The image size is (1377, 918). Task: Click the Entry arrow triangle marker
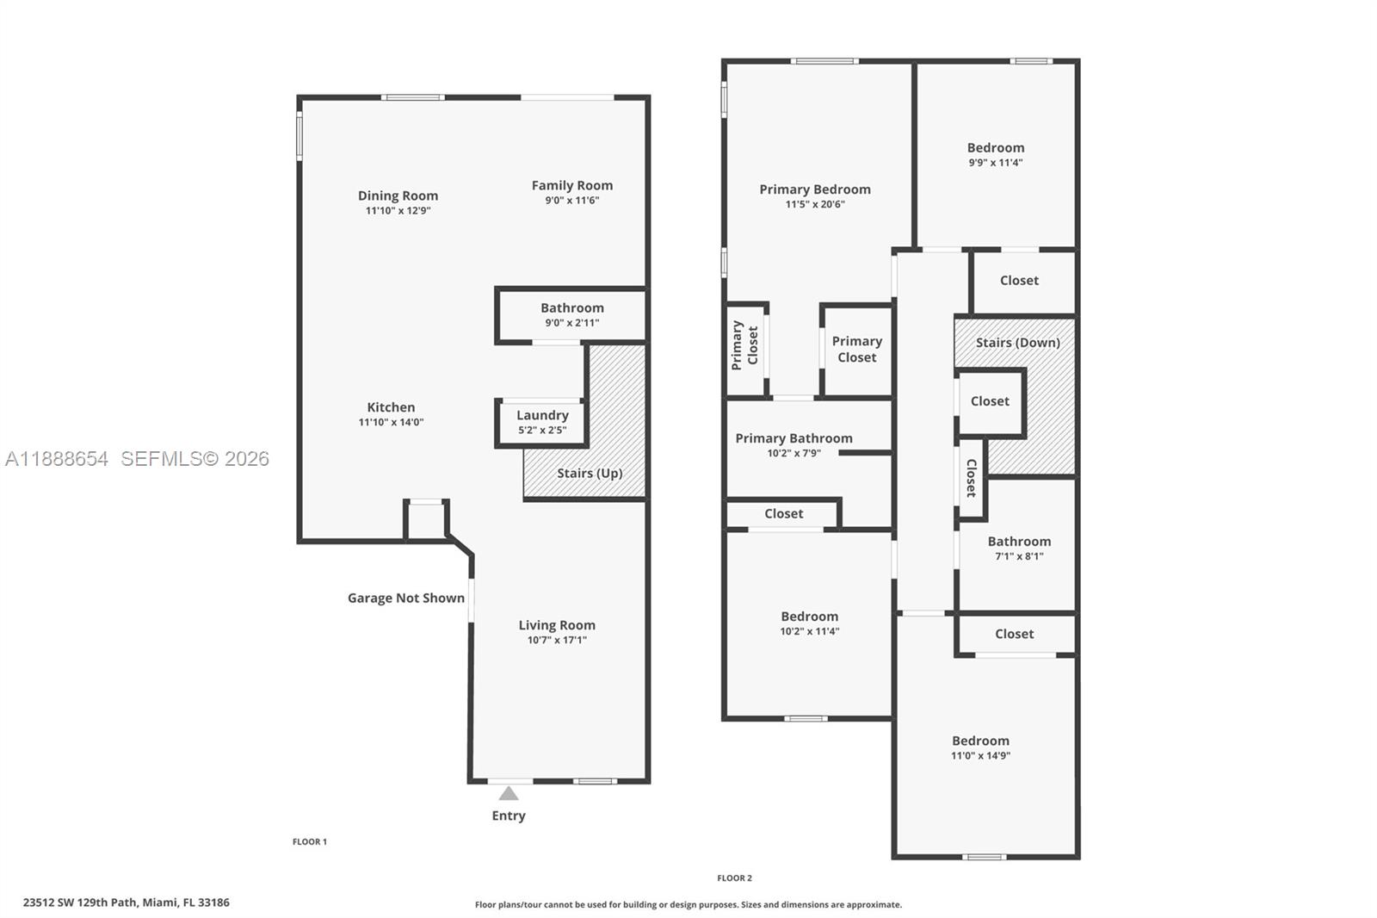point(509,793)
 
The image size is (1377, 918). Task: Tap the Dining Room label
point(398,195)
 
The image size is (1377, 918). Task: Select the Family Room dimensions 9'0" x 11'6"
point(571,201)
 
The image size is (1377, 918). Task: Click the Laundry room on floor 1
point(542,422)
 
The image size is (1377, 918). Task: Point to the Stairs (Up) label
point(589,473)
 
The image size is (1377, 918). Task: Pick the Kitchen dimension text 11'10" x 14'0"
point(391,422)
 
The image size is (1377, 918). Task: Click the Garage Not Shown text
point(405,598)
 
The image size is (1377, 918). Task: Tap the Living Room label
point(556,625)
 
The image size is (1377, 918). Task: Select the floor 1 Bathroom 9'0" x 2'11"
point(571,314)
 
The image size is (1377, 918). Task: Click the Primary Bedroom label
point(814,189)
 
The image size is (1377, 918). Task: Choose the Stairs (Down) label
point(1017,342)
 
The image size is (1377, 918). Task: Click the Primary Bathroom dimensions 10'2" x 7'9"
point(793,453)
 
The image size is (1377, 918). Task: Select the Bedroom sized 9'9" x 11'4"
point(995,154)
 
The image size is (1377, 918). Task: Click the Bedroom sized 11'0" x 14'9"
point(980,747)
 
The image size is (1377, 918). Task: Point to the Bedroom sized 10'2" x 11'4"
point(809,623)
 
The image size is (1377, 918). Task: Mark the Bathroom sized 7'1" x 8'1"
point(1019,549)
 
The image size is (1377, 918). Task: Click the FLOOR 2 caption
point(734,878)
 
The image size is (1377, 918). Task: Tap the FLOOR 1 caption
point(310,841)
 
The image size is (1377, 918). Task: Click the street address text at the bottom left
point(126,902)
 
